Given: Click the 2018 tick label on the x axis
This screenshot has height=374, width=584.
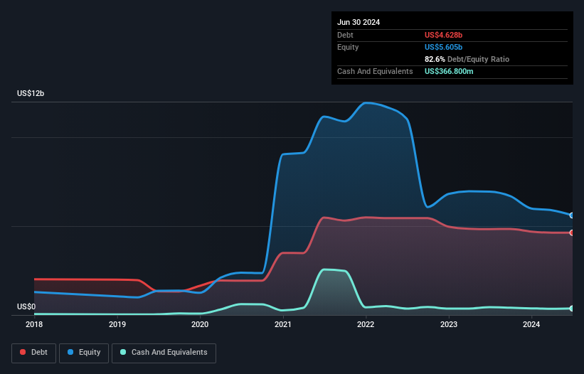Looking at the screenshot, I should (x=34, y=324).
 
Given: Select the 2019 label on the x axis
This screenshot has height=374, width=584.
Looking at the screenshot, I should (x=117, y=324).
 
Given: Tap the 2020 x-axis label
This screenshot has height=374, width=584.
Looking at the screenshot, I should (x=200, y=324).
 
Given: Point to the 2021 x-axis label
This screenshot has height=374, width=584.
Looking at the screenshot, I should (x=283, y=324).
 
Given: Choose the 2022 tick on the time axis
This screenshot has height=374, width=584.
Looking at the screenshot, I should (x=366, y=324).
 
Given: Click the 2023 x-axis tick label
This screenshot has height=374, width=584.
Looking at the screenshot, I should (x=449, y=324).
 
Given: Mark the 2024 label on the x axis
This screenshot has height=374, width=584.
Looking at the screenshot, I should (x=531, y=324).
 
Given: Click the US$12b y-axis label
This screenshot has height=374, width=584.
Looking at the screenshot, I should (x=31, y=94).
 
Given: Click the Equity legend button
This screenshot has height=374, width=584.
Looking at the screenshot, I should (x=85, y=353).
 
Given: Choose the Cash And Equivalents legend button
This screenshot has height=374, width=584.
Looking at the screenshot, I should (x=164, y=353).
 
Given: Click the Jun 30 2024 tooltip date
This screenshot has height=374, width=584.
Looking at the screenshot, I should (x=359, y=22).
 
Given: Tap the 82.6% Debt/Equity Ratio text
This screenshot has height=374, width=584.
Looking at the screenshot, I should (x=467, y=59).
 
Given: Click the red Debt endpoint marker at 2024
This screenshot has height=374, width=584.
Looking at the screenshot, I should (x=572, y=233).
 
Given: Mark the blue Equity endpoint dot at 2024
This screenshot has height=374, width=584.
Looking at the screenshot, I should (x=572, y=215).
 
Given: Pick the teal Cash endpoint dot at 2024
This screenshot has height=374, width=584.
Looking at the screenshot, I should (x=572, y=309).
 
